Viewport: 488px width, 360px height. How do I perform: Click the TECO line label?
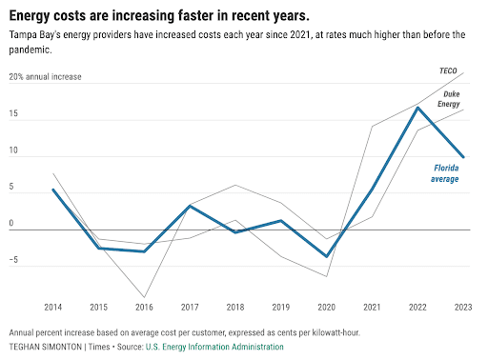click(448, 71)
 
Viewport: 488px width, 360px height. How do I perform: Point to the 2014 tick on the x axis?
click(54, 307)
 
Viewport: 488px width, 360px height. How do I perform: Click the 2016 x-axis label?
click(144, 307)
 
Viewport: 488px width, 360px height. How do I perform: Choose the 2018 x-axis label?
click(234, 307)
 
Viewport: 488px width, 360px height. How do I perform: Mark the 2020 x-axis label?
click(326, 307)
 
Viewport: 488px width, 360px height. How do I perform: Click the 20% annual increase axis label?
click(45, 76)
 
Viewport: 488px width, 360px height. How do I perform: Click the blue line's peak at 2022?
click(417, 107)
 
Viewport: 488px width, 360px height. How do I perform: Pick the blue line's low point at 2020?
click(327, 256)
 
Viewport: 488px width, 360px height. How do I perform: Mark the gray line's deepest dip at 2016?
click(145, 296)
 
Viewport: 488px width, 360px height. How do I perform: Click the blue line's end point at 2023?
click(463, 156)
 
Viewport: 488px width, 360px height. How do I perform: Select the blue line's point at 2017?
click(191, 206)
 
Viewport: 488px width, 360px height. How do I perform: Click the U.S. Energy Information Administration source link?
click(214, 347)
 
